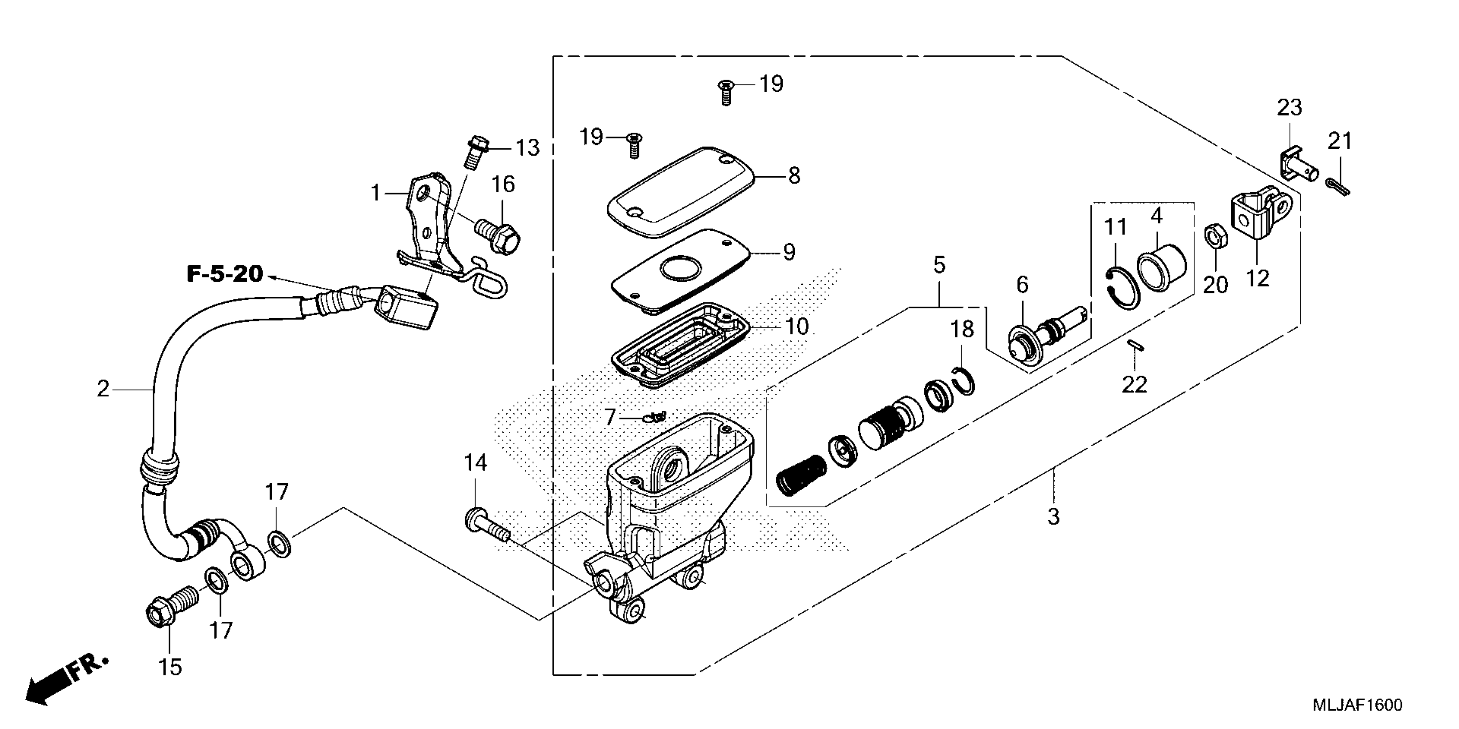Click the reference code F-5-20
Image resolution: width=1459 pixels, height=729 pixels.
pos(225,274)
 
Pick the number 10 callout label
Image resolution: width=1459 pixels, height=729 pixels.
pos(796,327)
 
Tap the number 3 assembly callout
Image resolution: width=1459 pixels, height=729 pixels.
pos(1053,517)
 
